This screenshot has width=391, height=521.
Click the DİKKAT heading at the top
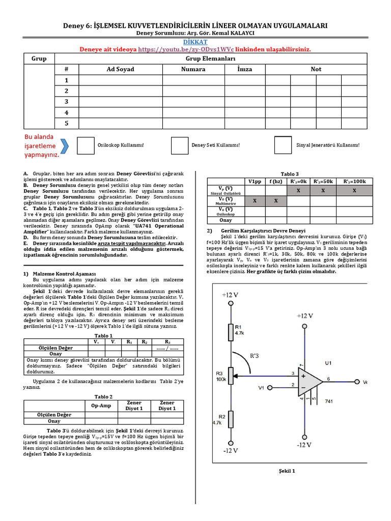click(x=195, y=41)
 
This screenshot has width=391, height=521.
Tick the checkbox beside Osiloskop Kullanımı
click(x=85, y=145)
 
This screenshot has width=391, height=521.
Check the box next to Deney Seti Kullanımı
click(x=180, y=145)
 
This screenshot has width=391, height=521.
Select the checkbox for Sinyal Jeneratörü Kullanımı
click(x=283, y=145)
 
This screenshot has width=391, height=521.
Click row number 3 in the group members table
click(x=66, y=102)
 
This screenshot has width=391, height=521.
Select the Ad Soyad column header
click(x=120, y=69)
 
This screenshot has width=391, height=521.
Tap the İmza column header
click(x=244, y=69)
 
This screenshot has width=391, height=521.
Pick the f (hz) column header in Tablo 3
click(x=276, y=181)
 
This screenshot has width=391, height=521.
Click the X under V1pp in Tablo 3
click(x=255, y=201)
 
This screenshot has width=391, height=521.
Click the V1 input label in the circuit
click(x=261, y=388)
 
